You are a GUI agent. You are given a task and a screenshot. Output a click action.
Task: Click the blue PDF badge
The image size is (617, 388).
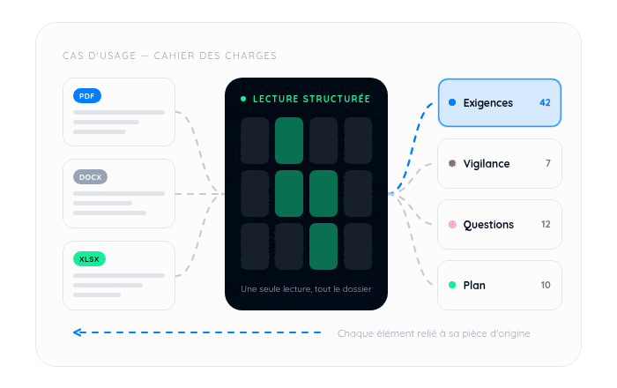[x=87, y=96]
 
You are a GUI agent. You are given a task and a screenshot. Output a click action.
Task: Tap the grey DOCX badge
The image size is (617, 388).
[x=90, y=177]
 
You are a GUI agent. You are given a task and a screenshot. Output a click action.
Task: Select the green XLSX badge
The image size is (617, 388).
[x=89, y=259]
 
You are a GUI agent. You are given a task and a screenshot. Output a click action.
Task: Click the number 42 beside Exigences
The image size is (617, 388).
[x=545, y=102]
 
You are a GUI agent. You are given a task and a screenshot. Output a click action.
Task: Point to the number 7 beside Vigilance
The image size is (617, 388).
[x=547, y=163]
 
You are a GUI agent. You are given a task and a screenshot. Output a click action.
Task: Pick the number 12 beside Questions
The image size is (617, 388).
[x=546, y=224]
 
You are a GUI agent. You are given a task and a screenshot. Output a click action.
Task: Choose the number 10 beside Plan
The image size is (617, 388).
[x=546, y=285]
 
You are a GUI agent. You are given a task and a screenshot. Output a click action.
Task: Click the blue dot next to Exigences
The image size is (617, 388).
[x=452, y=102]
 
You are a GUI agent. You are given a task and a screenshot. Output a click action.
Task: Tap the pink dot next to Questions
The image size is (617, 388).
[x=452, y=224]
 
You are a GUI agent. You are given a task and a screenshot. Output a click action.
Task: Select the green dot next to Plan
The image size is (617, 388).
[x=452, y=285]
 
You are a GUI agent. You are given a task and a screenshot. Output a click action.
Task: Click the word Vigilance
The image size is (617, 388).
[x=487, y=164]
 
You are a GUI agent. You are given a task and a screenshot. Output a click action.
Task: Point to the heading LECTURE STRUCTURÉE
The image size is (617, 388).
[x=311, y=99]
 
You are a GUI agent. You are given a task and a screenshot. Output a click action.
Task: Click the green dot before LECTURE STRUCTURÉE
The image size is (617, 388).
[x=243, y=99]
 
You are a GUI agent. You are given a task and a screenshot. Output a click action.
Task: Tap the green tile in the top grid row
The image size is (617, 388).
[x=289, y=140]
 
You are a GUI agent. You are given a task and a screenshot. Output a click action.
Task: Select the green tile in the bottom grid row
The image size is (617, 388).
[x=323, y=246]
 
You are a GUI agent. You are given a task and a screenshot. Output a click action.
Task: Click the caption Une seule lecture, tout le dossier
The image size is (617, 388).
[x=306, y=289]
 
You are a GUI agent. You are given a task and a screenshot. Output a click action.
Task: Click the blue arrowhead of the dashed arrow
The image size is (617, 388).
[x=78, y=332]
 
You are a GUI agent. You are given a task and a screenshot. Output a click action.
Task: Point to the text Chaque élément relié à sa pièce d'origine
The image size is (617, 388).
[x=434, y=333]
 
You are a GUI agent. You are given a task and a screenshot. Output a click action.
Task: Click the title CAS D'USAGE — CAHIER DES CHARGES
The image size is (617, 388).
[x=169, y=56]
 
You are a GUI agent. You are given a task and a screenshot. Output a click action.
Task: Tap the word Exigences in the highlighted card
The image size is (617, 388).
[x=488, y=103]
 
